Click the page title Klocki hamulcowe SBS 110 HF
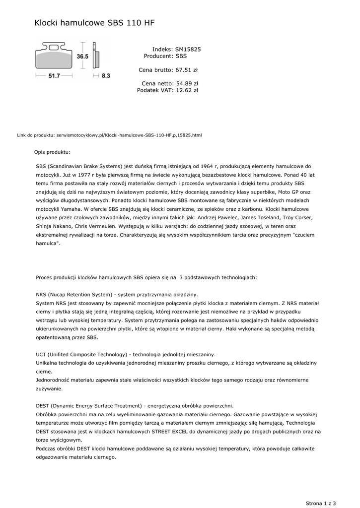click(94, 23)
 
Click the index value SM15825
click(188, 50)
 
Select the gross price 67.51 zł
click(187, 70)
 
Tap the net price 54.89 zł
click(187, 84)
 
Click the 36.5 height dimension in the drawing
click(82, 57)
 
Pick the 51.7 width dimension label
click(54, 76)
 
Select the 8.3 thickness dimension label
click(105, 76)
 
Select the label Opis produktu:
click(52, 152)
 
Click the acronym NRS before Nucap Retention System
click(42, 294)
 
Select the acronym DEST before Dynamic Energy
click(43, 405)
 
